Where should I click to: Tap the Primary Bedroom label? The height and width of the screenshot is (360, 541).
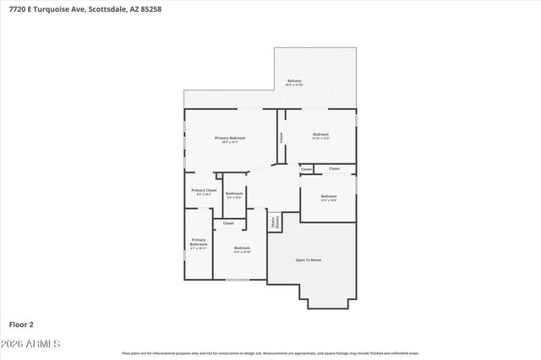pos(229,139)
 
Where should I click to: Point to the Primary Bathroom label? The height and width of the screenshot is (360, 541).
pos(198,243)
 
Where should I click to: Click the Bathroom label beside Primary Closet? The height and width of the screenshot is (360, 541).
pos(234,195)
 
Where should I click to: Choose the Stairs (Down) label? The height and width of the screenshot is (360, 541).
pos(273,223)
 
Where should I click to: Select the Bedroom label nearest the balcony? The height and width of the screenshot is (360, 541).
pos(320,135)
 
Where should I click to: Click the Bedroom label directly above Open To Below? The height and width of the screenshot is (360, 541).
pos(328,198)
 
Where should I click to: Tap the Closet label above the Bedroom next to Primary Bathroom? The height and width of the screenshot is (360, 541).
pos(228,223)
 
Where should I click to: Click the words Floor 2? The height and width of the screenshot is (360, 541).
pos(21,324)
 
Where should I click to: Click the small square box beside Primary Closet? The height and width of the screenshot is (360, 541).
pos(218,176)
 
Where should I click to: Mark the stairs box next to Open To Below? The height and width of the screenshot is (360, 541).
pos(274,222)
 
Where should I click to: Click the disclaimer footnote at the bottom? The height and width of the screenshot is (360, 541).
pos(270,353)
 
